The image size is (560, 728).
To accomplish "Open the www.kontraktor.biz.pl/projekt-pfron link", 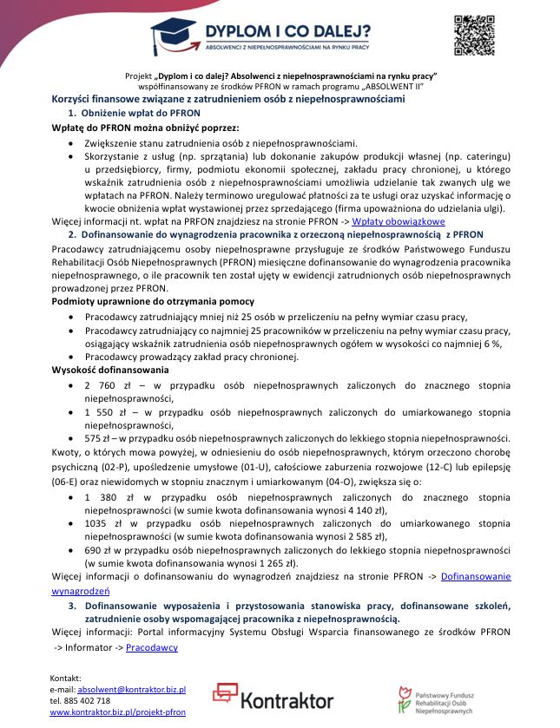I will [117, 712].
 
